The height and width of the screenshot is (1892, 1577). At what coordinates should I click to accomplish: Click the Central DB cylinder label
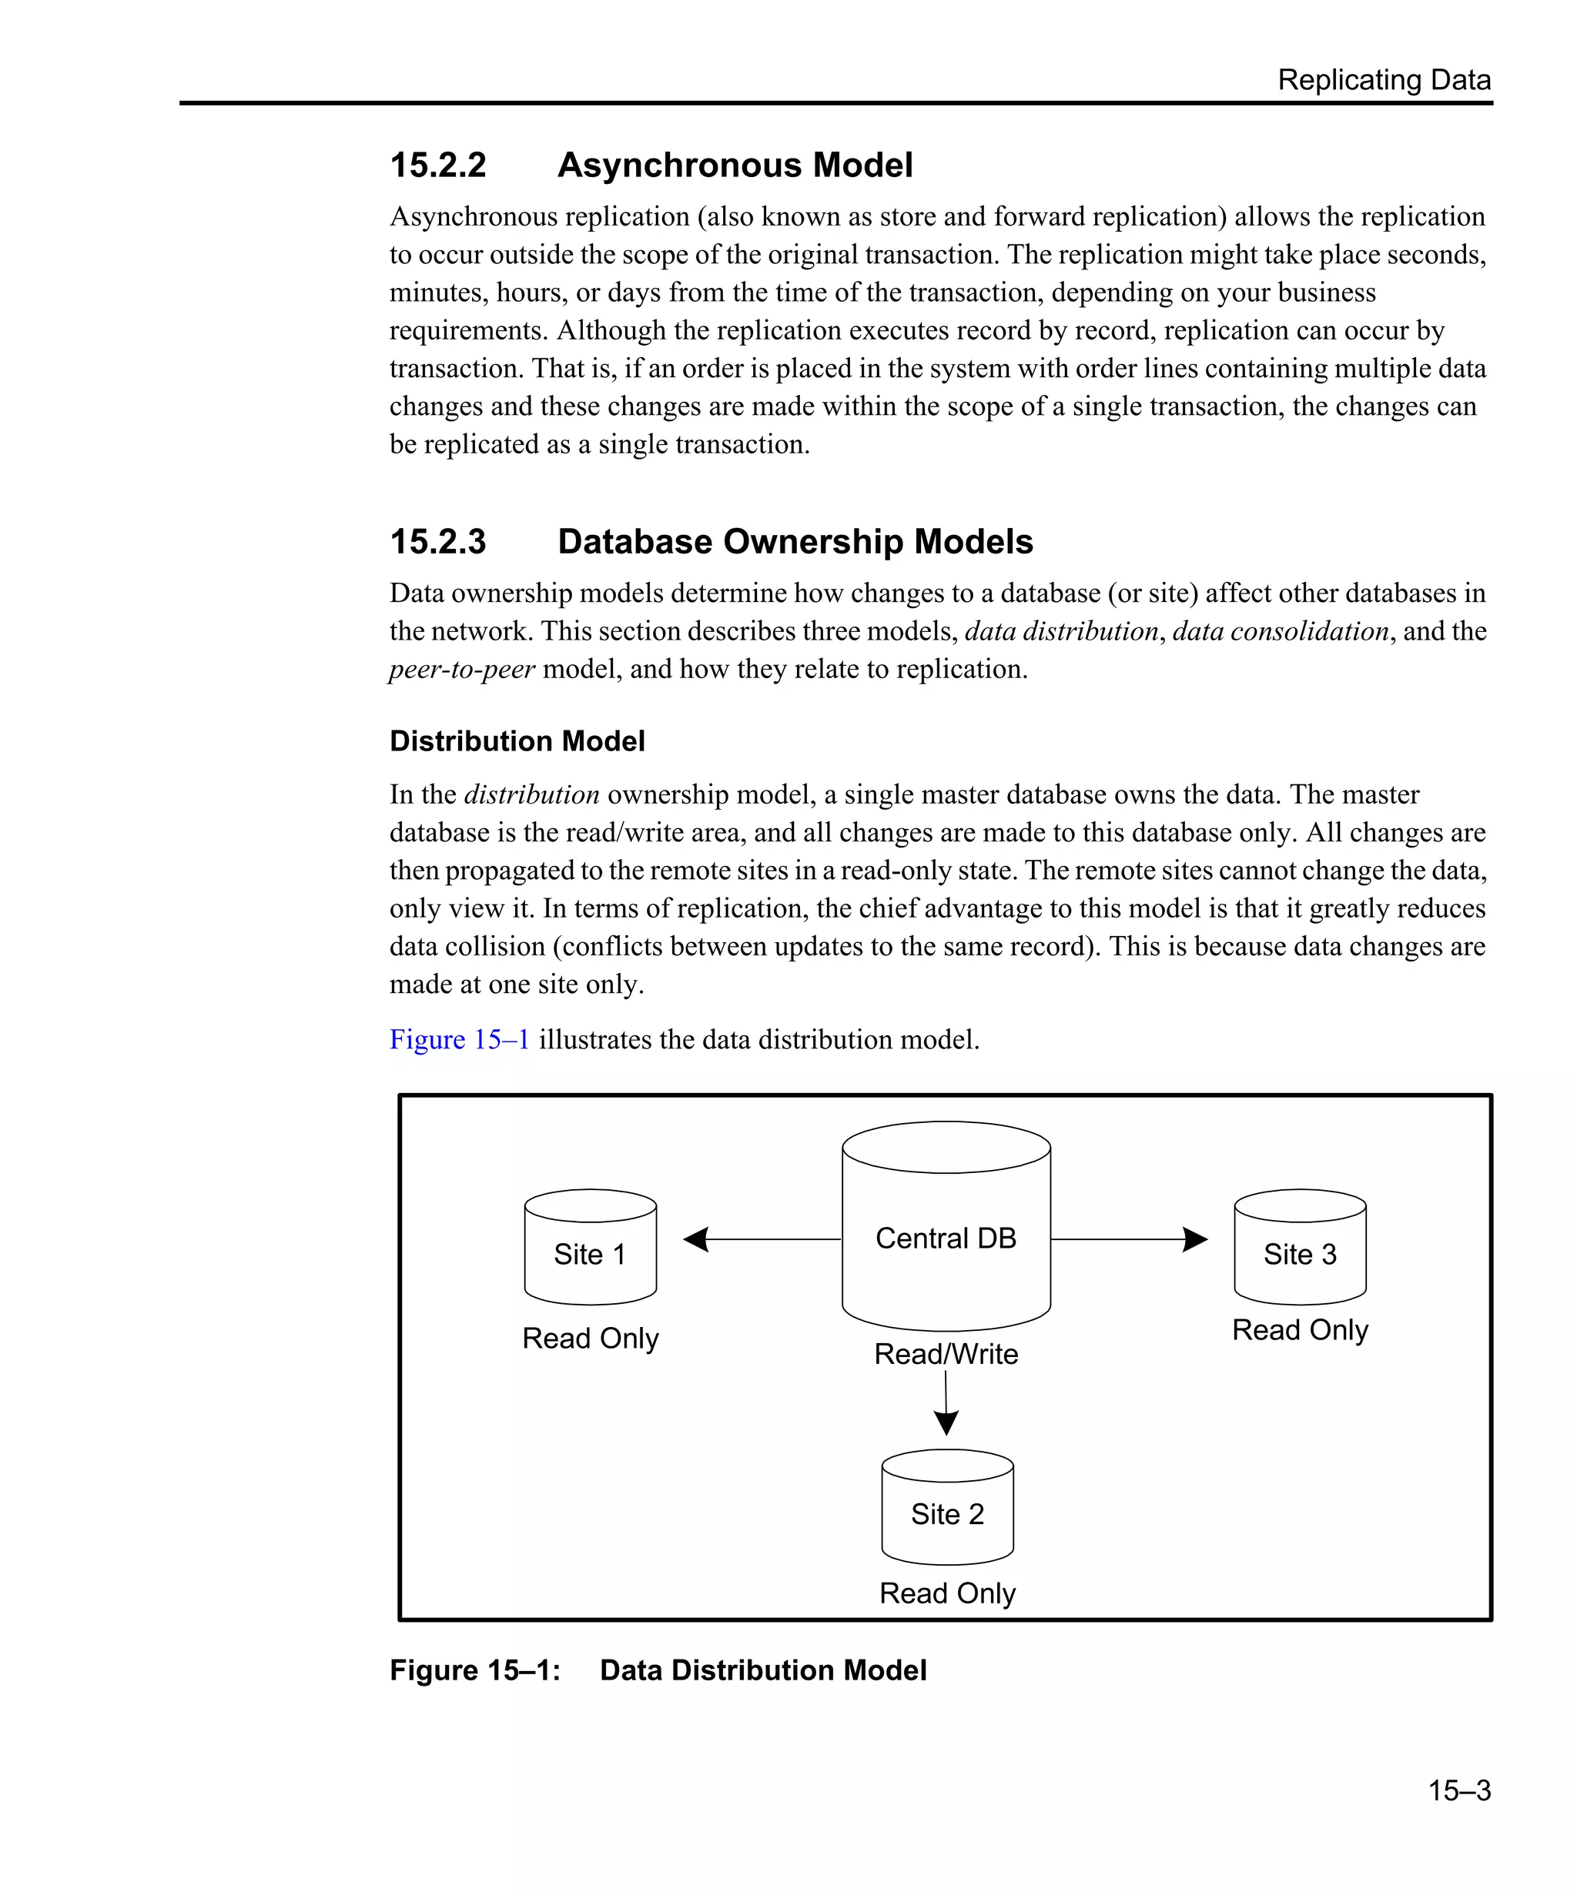pyautogui.click(x=946, y=1238)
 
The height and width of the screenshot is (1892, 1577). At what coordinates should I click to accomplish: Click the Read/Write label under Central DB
pyautogui.click(x=946, y=1354)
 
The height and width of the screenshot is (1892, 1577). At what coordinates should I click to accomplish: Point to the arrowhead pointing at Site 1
pyautogui.click(x=695, y=1240)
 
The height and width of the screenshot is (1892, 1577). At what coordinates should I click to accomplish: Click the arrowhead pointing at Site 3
pyautogui.click(x=1195, y=1240)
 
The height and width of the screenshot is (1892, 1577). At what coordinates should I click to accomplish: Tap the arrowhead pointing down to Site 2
pyautogui.click(x=946, y=1422)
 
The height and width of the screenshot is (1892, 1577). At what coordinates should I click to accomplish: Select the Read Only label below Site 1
pyautogui.click(x=591, y=1339)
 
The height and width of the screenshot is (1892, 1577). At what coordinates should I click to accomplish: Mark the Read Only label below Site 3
pyautogui.click(x=1300, y=1330)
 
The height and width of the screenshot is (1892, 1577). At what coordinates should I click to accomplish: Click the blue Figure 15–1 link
pyautogui.click(x=459, y=1040)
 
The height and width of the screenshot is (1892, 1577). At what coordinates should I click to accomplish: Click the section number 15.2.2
pyautogui.click(x=437, y=165)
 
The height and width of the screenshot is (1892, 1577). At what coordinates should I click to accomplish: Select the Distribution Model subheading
pyautogui.click(x=517, y=741)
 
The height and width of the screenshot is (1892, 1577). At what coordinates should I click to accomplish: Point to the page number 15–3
pyautogui.click(x=1458, y=1790)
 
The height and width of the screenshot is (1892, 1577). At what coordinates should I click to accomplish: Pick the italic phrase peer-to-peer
pyautogui.click(x=462, y=670)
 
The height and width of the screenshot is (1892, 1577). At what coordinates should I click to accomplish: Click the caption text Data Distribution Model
pyautogui.click(x=762, y=1670)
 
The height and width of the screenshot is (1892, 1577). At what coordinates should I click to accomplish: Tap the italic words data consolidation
pyautogui.click(x=1280, y=632)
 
